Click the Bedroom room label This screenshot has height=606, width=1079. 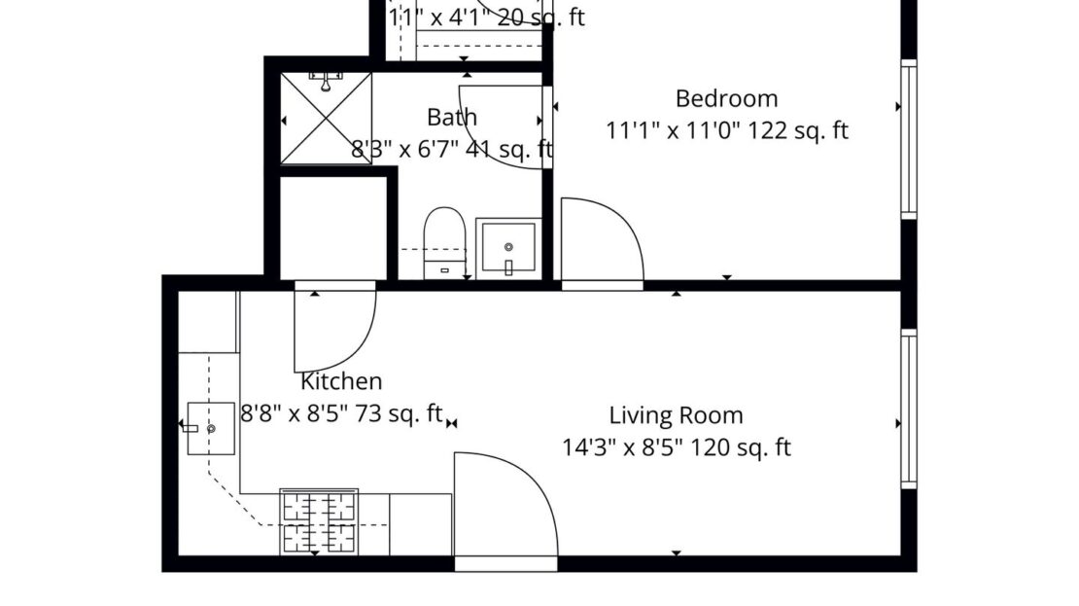(x=726, y=98)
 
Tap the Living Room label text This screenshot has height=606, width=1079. (x=676, y=415)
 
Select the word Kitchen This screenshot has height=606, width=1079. (x=341, y=381)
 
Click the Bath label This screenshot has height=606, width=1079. (x=452, y=118)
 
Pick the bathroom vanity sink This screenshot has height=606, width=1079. (x=507, y=249)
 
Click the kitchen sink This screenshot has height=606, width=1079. (x=210, y=428)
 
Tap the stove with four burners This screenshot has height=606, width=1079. (x=319, y=521)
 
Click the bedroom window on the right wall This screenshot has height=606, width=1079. (x=908, y=138)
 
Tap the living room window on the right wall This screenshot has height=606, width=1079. (x=908, y=409)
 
